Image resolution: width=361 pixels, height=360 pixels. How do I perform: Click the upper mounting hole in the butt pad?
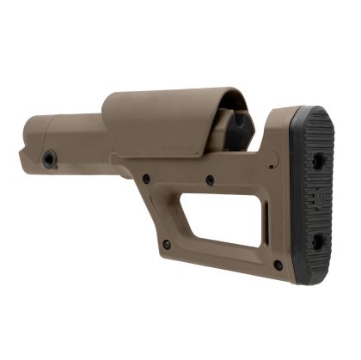tap(319, 161)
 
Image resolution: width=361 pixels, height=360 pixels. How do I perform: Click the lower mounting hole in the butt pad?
tap(318, 242)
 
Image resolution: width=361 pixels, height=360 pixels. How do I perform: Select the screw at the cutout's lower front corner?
tap(167, 245)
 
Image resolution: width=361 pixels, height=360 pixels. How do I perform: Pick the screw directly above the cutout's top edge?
tap(210, 180)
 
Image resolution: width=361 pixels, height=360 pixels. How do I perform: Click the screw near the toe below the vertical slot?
tap(278, 265)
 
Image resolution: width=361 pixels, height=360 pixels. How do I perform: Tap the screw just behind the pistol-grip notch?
tap(146, 178)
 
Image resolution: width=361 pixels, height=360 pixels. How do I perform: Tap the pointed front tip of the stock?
tap(21, 156)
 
